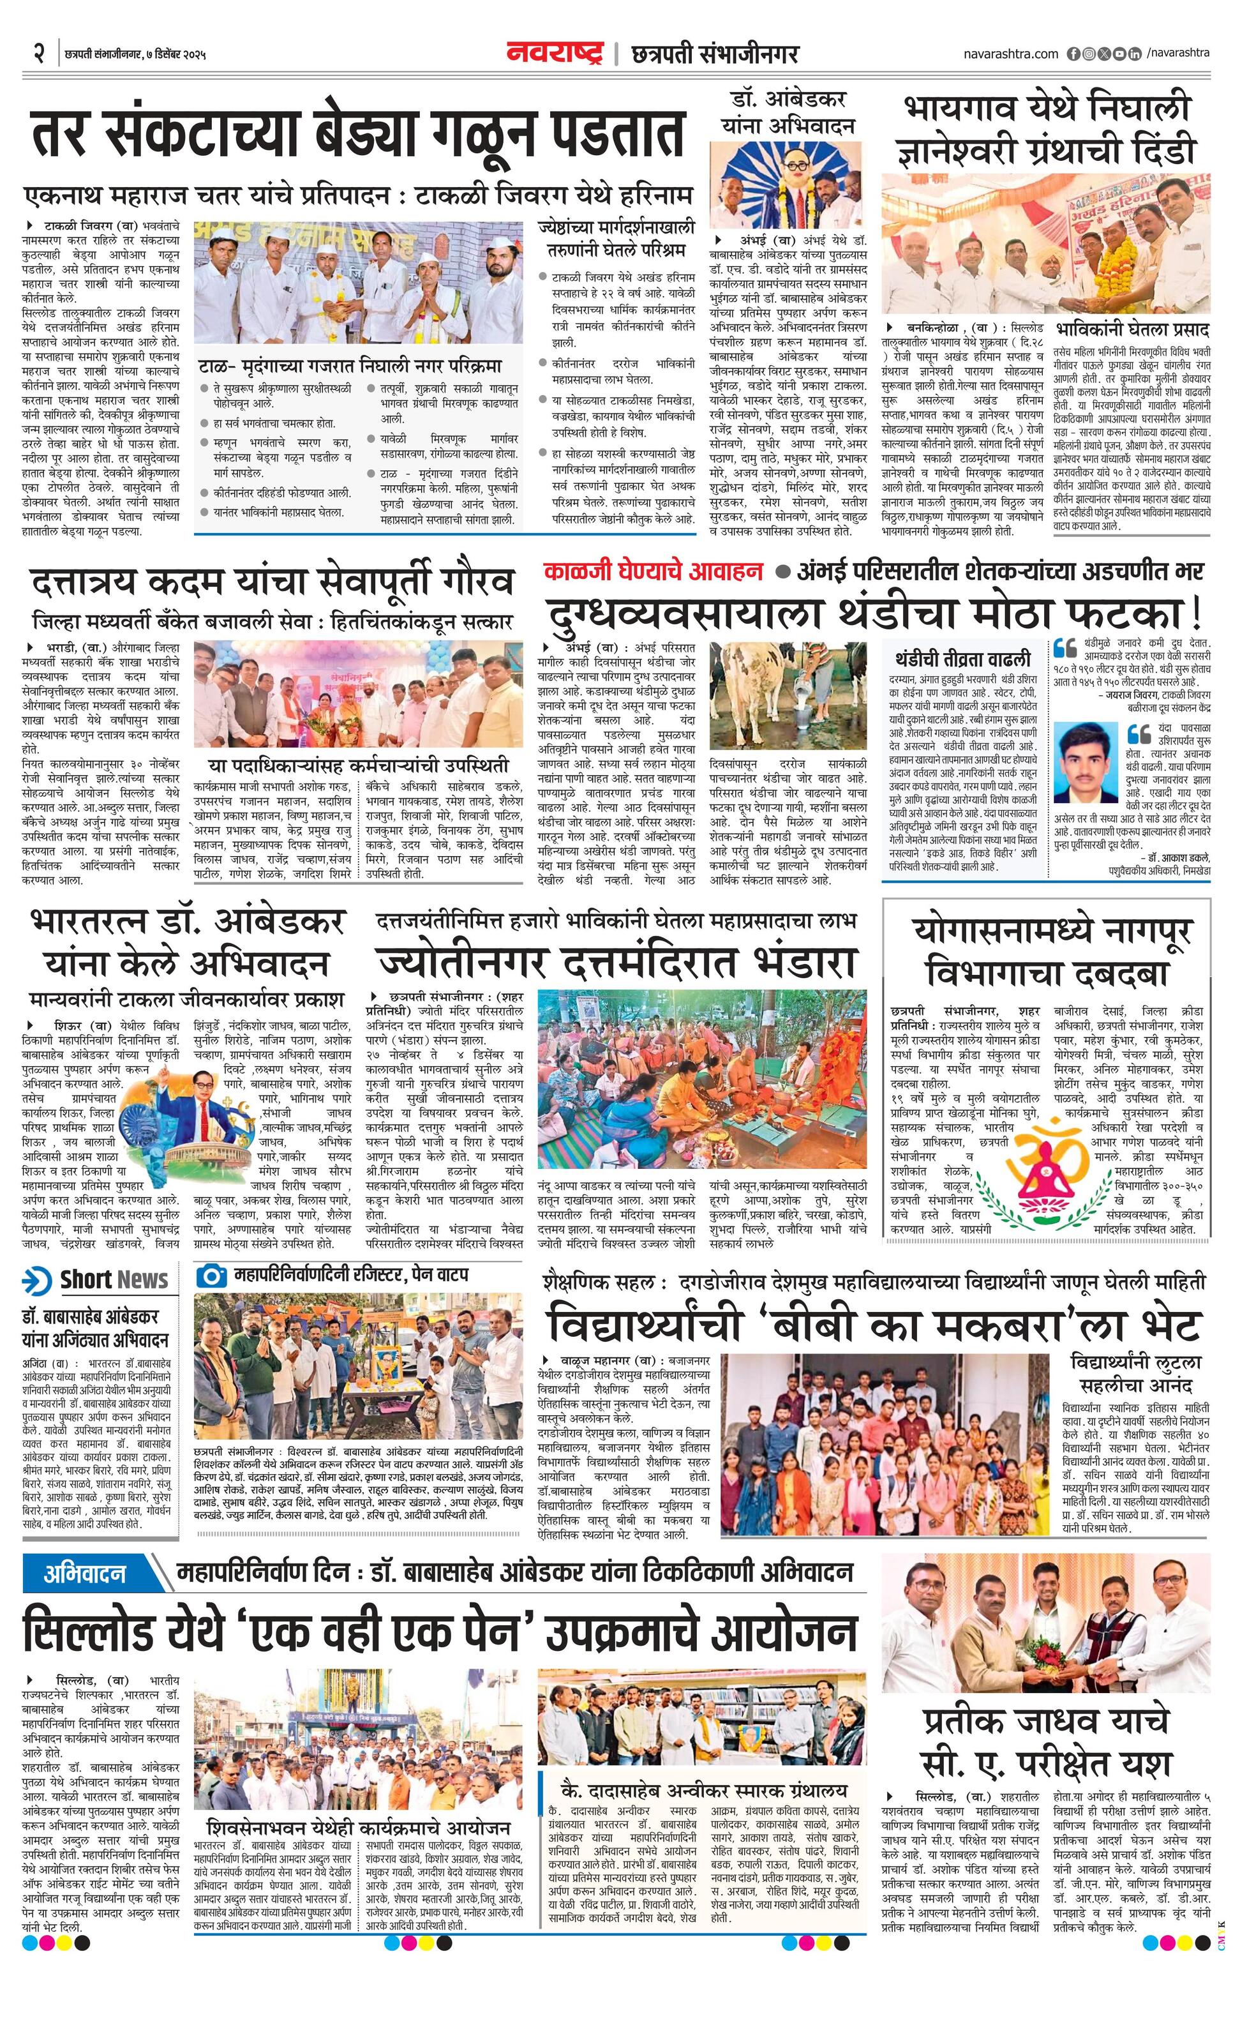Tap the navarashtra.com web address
(1010, 54)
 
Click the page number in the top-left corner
(37, 54)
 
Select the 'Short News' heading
(114, 1279)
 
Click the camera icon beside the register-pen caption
(211, 1276)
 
